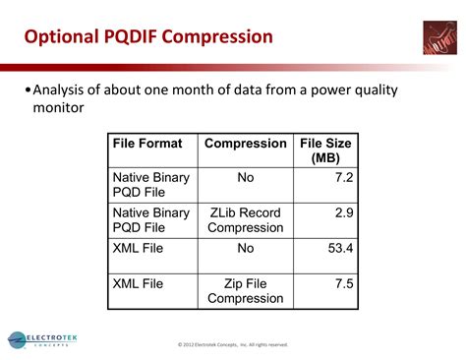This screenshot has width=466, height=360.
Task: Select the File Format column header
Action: (147, 144)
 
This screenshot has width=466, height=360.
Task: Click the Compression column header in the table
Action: (246, 144)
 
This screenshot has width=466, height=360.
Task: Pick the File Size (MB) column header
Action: (326, 150)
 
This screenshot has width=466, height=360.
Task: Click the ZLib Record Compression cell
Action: (246, 219)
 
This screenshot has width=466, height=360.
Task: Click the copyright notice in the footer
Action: (233, 344)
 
